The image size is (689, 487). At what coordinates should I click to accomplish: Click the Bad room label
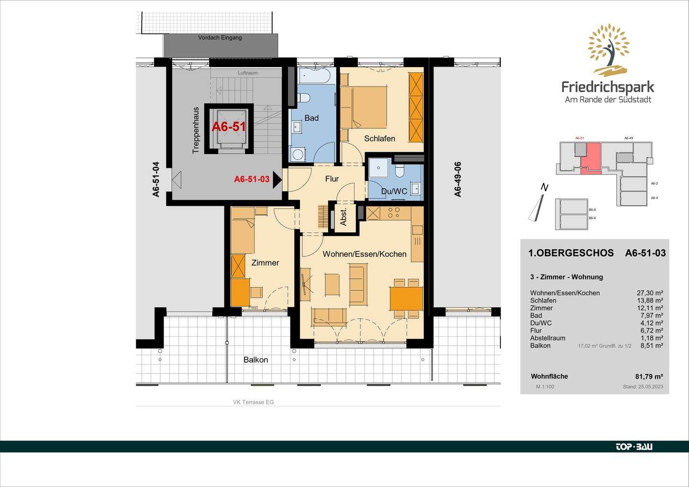(x=311, y=118)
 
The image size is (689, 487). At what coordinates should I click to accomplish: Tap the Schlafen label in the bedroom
(x=379, y=139)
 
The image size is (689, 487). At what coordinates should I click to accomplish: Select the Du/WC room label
(x=394, y=191)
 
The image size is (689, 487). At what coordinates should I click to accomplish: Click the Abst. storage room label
(x=344, y=218)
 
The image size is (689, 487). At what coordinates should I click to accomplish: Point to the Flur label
(x=332, y=179)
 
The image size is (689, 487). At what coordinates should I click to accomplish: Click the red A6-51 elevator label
(x=229, y=127)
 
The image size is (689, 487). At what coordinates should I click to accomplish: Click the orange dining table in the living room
(x=406, y=299)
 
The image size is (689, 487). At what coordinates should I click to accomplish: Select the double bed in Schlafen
(x=364, y=107)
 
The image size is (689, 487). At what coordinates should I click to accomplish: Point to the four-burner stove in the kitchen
(x=394, y=213)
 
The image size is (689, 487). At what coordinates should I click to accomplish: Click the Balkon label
(x=256, y=360)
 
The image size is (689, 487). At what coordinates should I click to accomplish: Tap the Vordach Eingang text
(x=220, y=38)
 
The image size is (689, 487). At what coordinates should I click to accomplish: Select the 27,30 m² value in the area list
(x=649, y=293)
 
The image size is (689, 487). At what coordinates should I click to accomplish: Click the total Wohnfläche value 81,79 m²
(x=649, y=376)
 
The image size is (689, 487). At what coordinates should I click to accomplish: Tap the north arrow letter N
(x=544, y=188)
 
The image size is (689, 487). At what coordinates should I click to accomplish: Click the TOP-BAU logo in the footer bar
(x=633, y=447)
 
